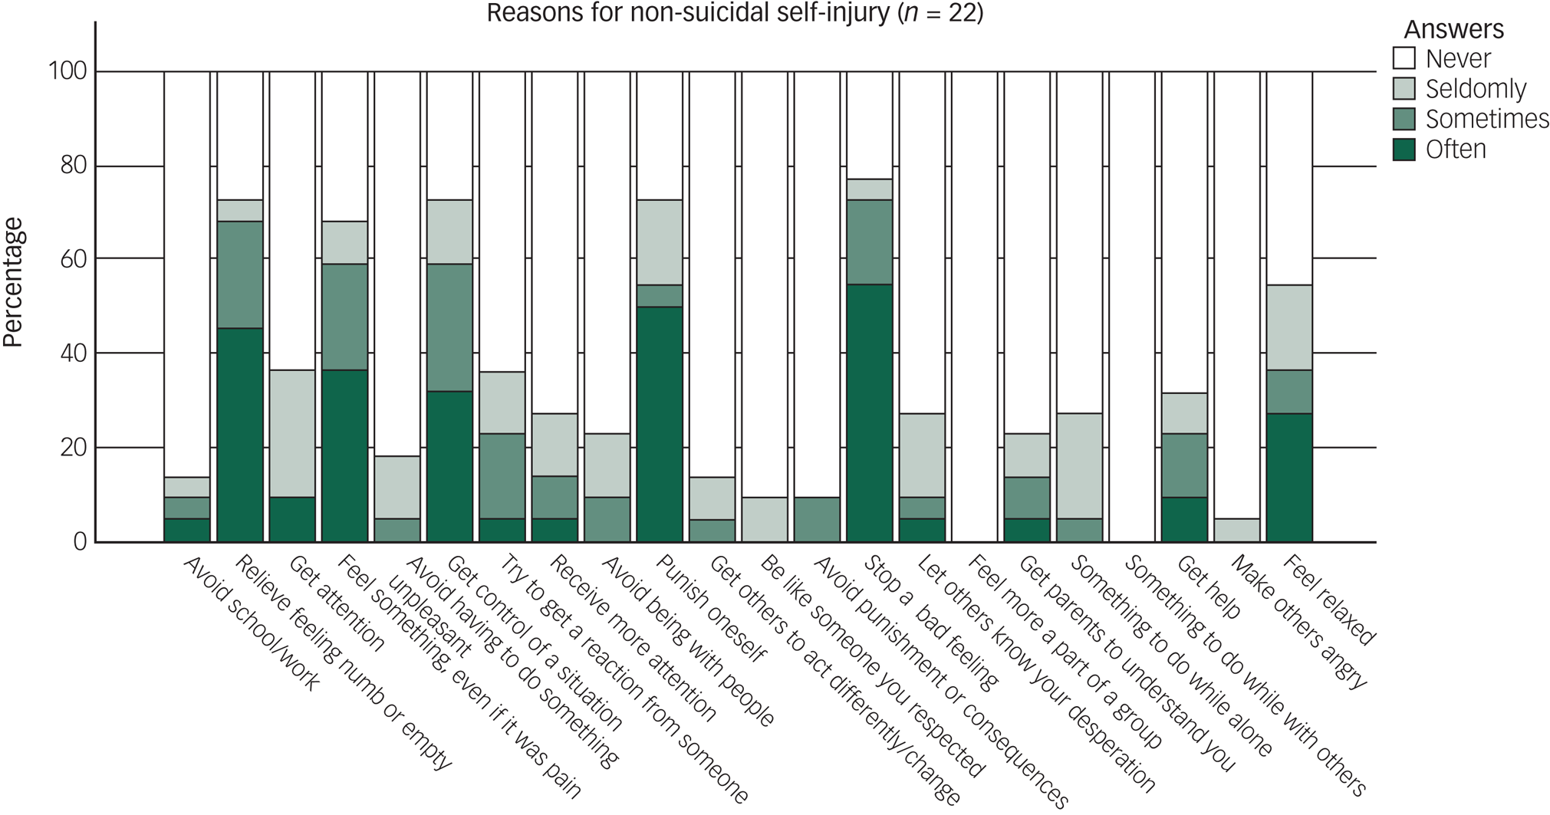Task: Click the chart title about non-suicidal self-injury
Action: (x=734, y=13)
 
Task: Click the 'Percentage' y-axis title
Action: (x=13, y=282)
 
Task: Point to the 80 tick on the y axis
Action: (x=73, y=166)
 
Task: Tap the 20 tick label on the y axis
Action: (x=73, y=448)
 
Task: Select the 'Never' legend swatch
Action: (x=1404, y=59)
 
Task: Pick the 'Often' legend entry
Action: (x=1455, y=149)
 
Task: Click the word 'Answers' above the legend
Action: (x=1453, y=30)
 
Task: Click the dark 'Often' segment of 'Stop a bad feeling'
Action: (x=869, y=412)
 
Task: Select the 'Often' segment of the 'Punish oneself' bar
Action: (x=660, y=424)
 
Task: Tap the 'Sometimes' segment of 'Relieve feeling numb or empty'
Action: (x=240, y=274)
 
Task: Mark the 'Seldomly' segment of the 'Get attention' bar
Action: (x=292, y=433)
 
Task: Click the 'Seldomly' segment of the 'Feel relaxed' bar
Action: (x=1288, y=327)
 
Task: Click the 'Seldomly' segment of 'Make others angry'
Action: (x=1236, y=530)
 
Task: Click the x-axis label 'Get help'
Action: (x=1208, y=587)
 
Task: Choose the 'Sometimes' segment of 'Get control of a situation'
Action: (x=449, y=327)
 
